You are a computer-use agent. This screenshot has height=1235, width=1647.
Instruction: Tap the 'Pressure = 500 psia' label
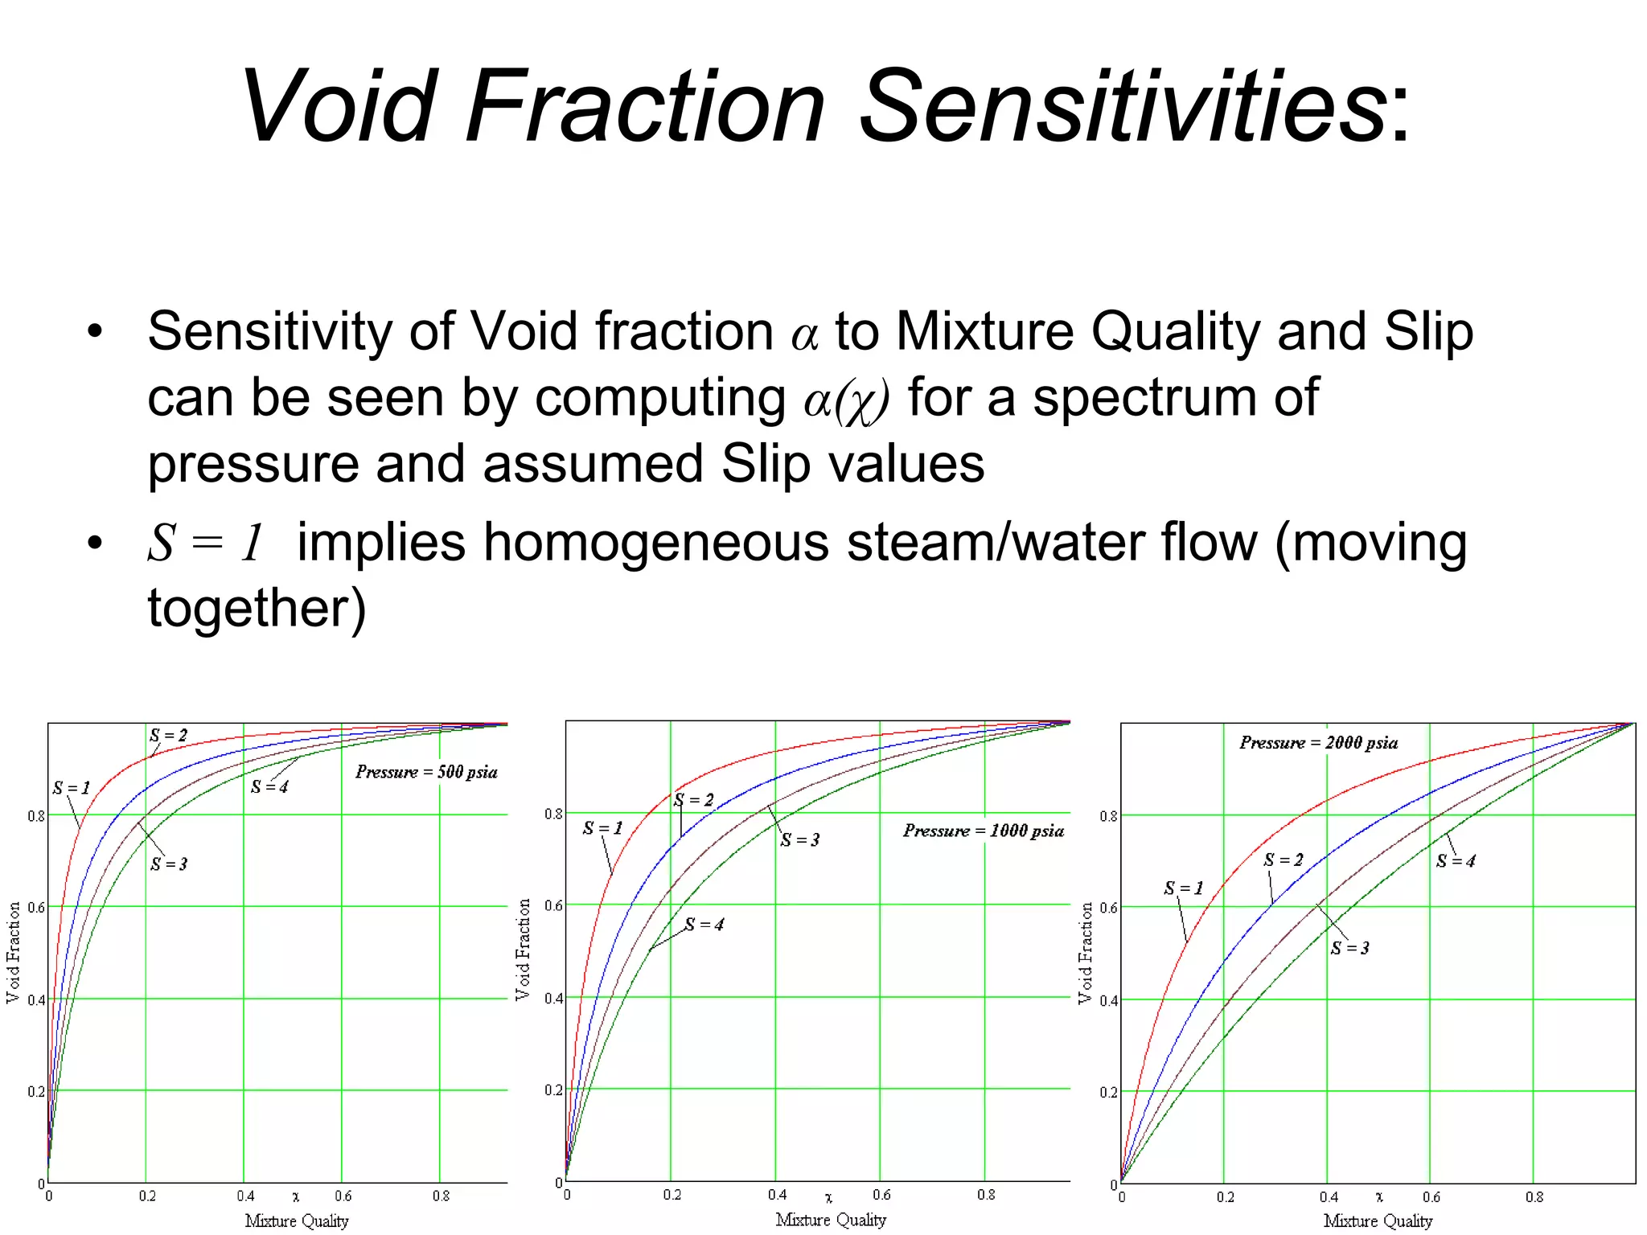426,772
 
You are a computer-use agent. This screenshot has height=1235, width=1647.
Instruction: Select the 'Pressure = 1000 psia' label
983,831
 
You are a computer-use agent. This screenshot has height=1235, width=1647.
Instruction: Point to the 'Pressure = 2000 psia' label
1318,742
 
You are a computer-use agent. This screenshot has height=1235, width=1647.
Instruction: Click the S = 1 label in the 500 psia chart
71,788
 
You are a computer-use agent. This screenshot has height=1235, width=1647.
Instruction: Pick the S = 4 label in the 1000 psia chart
704,925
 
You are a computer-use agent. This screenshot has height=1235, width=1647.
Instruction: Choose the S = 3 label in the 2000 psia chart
1349,948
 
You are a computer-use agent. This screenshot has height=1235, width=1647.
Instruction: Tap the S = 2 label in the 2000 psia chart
1283,860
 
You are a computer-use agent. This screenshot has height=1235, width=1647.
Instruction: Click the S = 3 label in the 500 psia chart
168,864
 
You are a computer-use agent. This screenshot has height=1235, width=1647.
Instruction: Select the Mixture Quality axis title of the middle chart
830,1220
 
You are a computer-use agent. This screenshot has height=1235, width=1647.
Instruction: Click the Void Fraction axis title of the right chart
1085,953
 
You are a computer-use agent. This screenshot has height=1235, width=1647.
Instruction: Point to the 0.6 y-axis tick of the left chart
36,908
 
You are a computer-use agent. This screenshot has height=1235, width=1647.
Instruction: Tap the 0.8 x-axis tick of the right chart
1534,1197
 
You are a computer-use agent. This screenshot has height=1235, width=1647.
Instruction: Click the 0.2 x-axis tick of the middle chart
672,1196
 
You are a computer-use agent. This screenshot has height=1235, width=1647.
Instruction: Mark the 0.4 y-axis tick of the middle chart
553,999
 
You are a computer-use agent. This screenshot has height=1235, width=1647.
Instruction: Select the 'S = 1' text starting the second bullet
206,542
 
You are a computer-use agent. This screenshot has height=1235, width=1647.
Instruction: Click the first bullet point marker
96,331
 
